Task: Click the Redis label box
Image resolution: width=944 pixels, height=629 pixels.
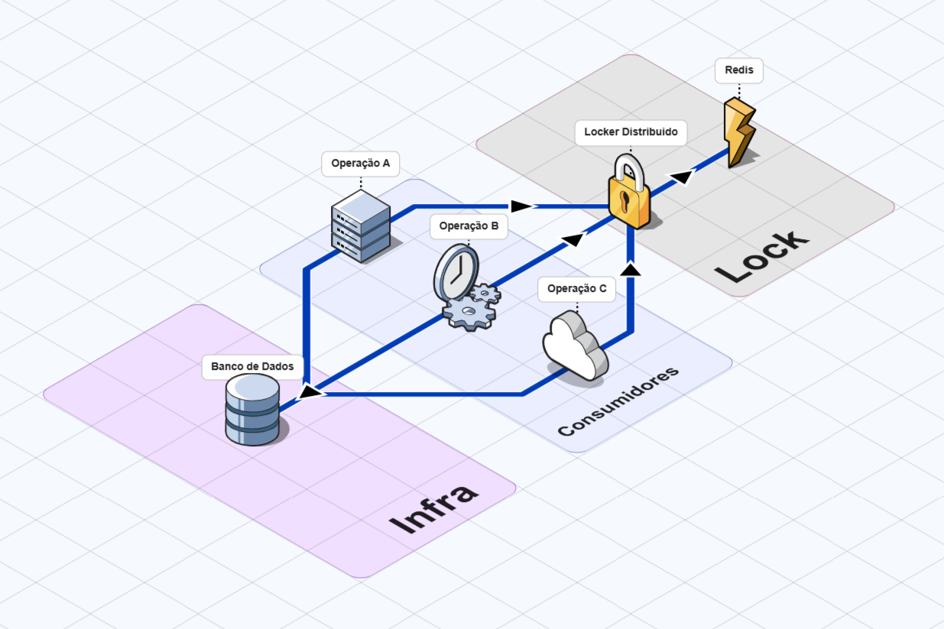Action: [x=739, y=70]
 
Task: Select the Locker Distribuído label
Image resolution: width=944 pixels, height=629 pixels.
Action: [x=631, y=132]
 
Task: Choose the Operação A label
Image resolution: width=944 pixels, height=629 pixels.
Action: [x=360, y=164]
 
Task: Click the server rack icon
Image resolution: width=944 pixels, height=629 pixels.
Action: [x=361, y=225]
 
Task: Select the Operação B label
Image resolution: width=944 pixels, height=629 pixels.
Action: [x=469, y=226]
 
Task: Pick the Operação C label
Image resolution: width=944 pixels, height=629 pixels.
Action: [x=576, y=289]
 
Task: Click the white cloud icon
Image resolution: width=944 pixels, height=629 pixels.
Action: [x=575, y=345]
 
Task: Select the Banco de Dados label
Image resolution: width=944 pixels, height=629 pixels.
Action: [x=252, y=367]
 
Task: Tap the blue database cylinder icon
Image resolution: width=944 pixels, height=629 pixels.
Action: [x=252, y=410]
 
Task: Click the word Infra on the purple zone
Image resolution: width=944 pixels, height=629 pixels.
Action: [x=433, y=510]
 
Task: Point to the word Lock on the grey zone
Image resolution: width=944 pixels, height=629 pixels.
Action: [x=761, y=255]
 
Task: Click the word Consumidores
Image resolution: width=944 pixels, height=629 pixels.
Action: [x=618, y=401]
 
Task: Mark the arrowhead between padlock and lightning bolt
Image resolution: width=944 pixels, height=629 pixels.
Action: [x=682, y=178]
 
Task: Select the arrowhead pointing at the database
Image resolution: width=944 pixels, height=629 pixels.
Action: [x=310, y=392]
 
